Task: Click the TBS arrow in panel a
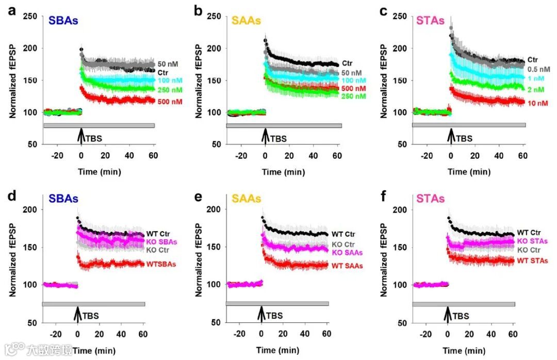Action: [x=81, y=136]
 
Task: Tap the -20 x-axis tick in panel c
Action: [x=426, y=156]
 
